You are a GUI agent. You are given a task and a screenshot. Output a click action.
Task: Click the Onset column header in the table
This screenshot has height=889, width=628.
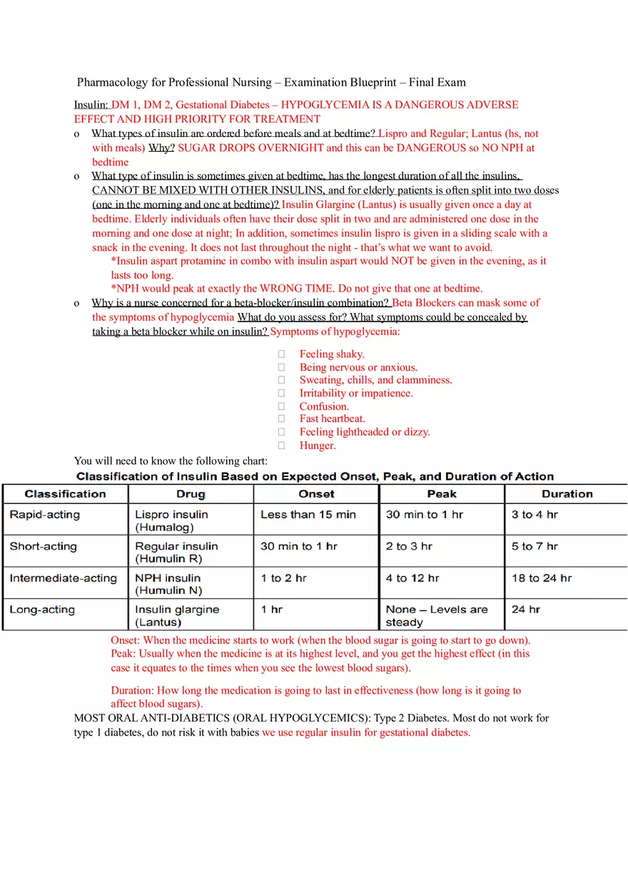tap(316, 494)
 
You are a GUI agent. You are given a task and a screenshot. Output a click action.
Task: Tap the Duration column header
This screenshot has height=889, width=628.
tap(567, 494)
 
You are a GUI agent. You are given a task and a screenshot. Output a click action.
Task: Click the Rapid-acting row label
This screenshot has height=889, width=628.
tap(45, 515)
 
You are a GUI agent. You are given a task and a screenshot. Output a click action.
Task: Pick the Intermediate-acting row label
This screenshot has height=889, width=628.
tap(63, 578)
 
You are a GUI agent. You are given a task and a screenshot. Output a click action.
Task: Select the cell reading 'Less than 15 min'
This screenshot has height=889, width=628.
tap(308, 515)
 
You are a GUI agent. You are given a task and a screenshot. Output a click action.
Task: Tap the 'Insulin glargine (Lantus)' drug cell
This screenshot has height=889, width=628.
tap(177, 616)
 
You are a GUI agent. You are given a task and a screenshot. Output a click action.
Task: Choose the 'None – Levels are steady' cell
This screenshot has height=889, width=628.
tap(437, 616)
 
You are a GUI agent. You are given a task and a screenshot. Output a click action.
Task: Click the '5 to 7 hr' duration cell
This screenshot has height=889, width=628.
tap(535, 547)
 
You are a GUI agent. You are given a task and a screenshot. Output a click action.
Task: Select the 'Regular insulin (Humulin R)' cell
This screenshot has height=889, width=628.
tap(176, 553)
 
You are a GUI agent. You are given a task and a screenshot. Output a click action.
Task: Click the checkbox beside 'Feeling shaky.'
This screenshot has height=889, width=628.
tap(282, 354)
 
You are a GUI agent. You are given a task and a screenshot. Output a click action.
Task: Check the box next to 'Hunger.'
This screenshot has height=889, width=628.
tap(282, 446)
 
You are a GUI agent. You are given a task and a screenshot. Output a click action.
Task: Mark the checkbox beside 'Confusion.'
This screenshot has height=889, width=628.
tap(282, 406)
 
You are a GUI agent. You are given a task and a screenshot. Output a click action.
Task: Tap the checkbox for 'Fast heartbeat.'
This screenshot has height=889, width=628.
tap(282, 419)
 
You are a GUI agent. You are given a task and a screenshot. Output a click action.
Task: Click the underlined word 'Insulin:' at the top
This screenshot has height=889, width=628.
tap(91, 105)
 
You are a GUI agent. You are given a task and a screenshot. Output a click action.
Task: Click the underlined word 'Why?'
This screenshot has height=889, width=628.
tap(161, 148)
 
